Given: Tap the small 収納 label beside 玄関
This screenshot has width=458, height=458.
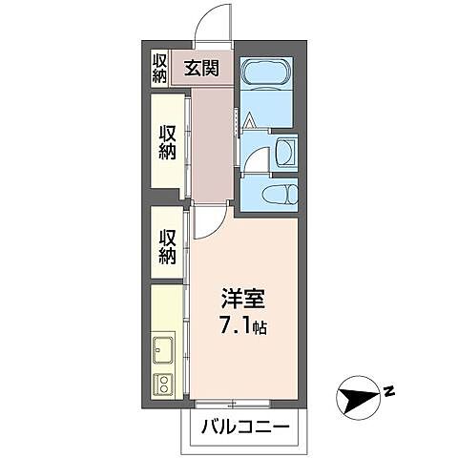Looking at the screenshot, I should click(159, 68).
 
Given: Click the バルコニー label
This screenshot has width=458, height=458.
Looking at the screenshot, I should click(245, 427).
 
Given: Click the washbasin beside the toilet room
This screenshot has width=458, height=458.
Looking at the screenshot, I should click(284, 154).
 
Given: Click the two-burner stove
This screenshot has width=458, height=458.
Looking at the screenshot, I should click(162, 385).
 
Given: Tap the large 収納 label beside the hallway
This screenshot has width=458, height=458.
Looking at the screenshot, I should click(168, 143).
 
